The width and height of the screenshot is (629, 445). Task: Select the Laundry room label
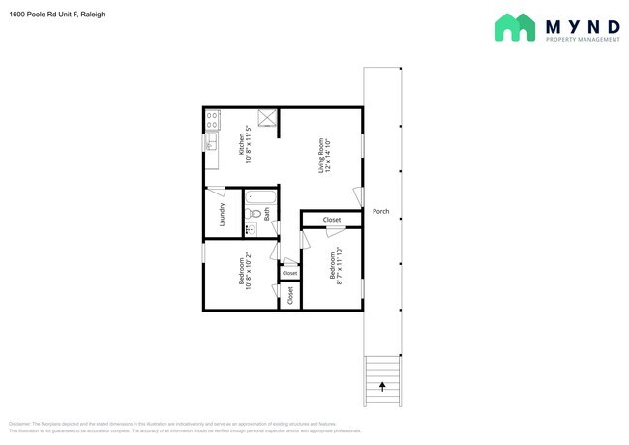pos(223,213)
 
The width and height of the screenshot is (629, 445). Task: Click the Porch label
pos(380,212)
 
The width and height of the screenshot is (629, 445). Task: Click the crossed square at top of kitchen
pos(268,119)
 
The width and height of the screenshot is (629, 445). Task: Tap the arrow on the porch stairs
pos(381,387)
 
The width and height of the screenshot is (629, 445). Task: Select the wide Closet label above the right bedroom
pos(332,220)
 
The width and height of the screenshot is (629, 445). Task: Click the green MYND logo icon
pos(516,27)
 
